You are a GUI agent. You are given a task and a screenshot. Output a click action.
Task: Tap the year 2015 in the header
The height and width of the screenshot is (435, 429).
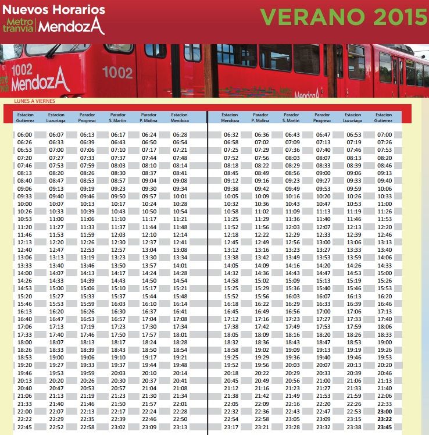pyautogui.click(x=398, y=17)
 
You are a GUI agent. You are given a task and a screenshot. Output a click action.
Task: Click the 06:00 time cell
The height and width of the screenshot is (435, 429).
pyautogui.click(x=25, y=134)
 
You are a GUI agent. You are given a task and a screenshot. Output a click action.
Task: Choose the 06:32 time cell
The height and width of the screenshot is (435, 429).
pyautogui.click(x=231, y=134)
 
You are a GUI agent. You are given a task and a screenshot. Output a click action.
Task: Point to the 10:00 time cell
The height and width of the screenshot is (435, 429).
pyautogui.click(x=25, y=204)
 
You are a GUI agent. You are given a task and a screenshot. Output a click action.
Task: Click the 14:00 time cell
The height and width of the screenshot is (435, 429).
pyautogui.click(x=25, y=273)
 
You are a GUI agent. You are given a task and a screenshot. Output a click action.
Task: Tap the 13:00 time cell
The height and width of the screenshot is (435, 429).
pyautogui.click(x=323, y=242)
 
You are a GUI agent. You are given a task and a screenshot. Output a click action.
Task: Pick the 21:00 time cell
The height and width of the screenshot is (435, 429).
pyautogui.click(x=323, y=380)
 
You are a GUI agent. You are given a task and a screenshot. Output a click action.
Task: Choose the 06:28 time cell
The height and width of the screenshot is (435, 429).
pyautogui.click(x=180, y=134)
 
